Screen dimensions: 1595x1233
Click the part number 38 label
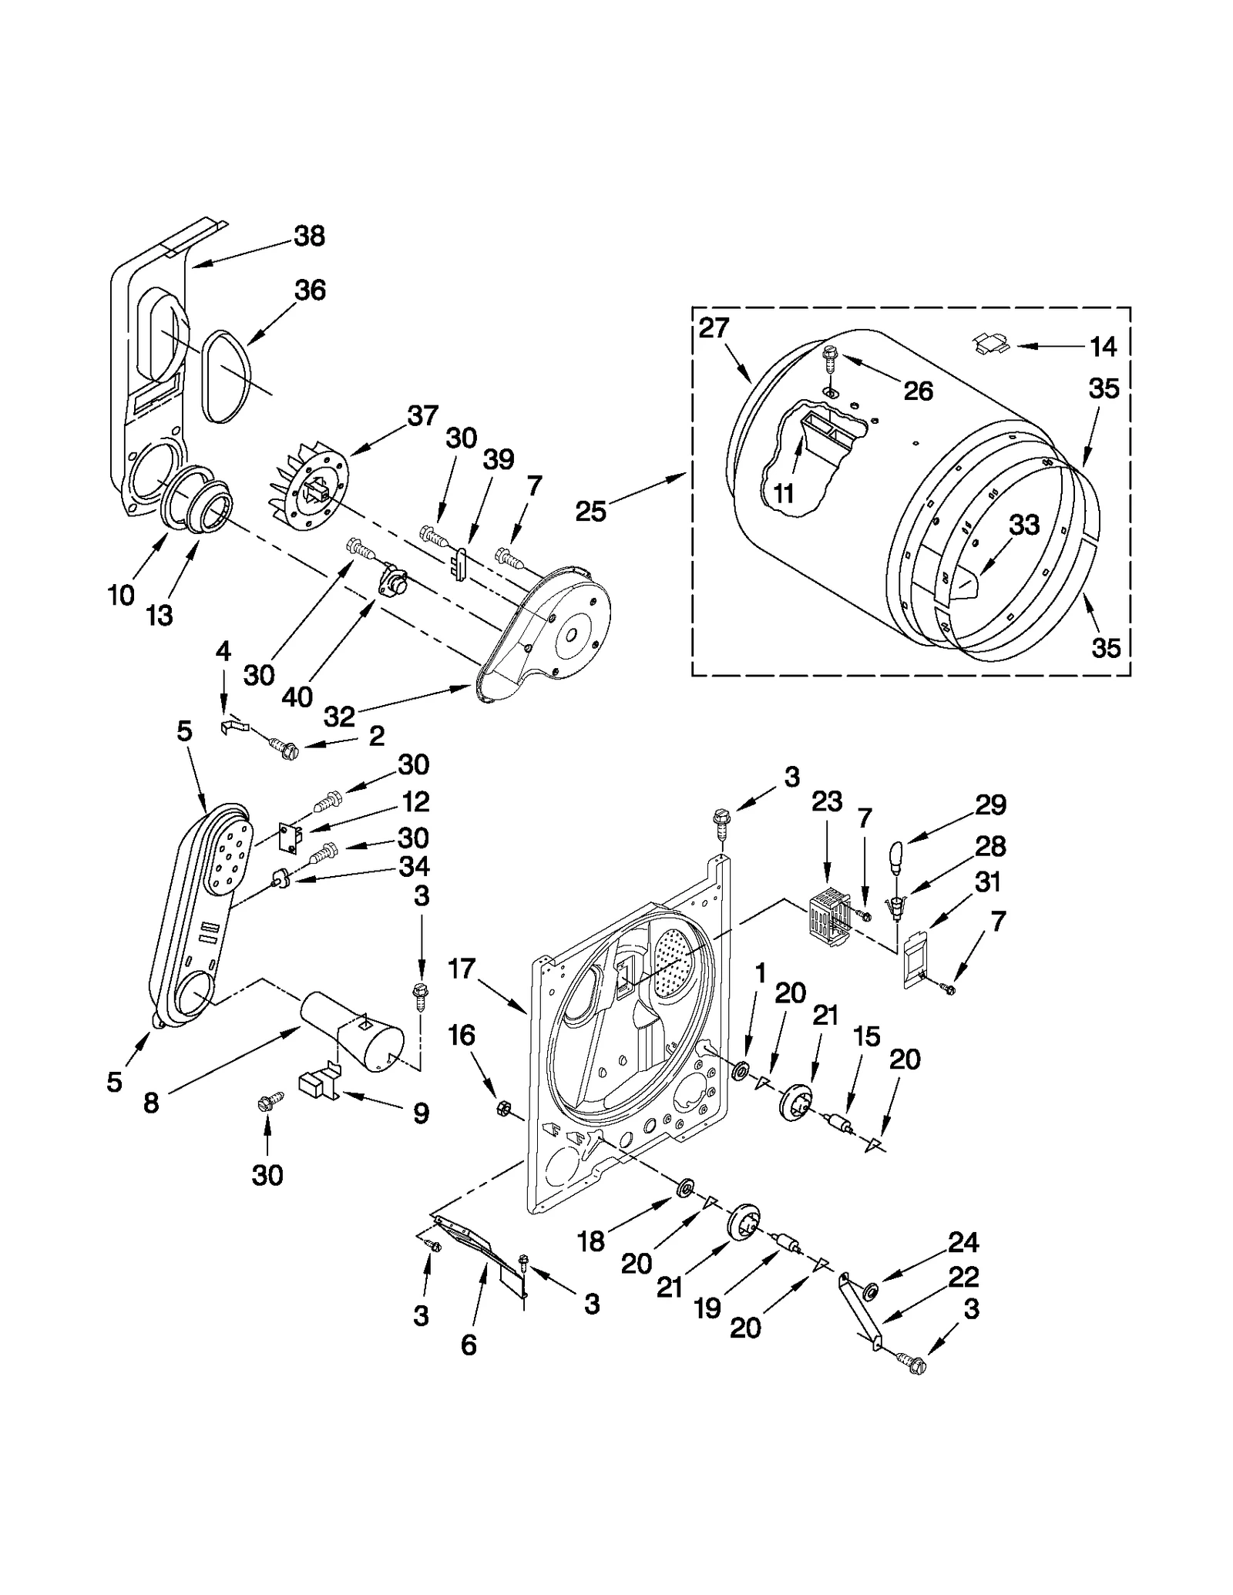click(309, 236)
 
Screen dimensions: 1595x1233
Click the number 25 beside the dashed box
click(591, 511)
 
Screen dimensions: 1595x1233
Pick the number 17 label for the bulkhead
click(462, 969)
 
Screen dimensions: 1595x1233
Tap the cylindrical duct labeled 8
click(351, 1033)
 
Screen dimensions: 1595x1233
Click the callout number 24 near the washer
click(963, 1241)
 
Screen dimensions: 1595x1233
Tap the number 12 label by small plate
click(415, 802)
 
